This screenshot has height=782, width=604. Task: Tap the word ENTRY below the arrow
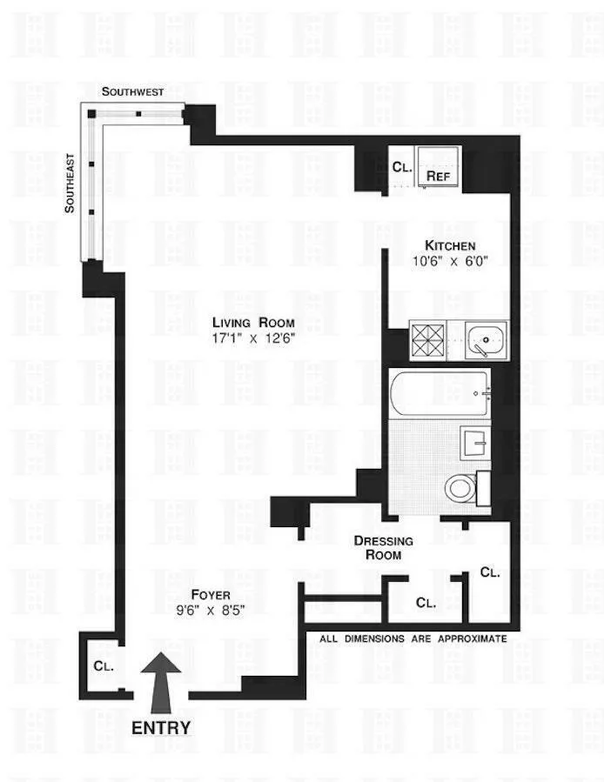[161, 726]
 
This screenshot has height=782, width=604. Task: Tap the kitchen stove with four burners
[427, 338]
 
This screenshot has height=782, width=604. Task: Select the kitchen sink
[486, 339]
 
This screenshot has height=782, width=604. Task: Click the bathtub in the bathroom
[439, 393]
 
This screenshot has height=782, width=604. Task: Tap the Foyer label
[210, 595]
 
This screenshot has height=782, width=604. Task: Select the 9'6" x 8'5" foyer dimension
[210, 611]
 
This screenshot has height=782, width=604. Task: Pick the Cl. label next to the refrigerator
[401, 167]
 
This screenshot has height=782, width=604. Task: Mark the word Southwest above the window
[132, 91]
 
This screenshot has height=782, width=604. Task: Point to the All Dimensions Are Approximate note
[413, 638]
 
